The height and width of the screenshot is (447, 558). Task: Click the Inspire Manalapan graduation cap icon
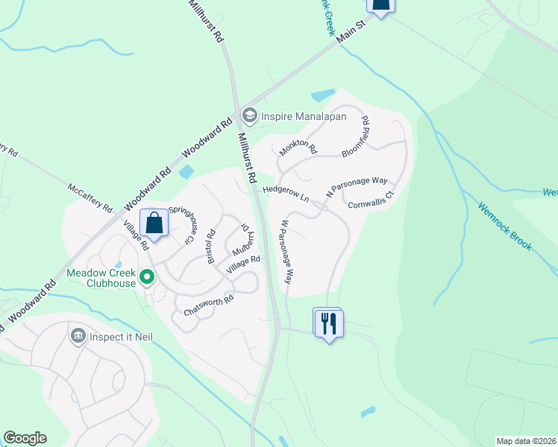tap(249, 115)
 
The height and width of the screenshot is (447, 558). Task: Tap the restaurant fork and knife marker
tap(329, 323)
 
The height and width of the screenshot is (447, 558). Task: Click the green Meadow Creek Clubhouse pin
tap(147, 278)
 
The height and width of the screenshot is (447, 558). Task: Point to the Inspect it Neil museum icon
tap(77, 337)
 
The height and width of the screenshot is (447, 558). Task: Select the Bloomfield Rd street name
tap(355, 136)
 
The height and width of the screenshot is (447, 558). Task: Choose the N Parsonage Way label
tap(357, 187)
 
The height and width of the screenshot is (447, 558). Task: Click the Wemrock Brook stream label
tap(506, 226)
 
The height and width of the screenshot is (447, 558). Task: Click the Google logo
tap(25, 438)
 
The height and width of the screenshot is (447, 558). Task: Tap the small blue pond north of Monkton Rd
tap(323, 95)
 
